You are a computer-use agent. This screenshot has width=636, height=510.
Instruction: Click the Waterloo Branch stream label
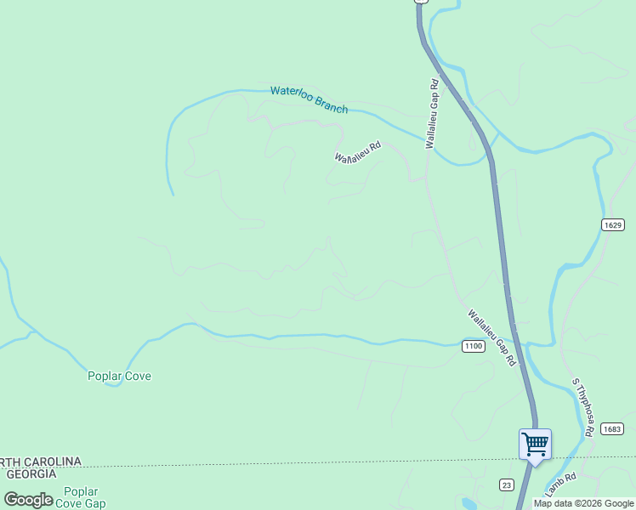point(309,99)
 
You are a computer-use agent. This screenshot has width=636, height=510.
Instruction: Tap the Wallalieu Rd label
point(358,152)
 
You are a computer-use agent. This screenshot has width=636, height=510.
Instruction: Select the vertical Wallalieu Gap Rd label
point(433,115)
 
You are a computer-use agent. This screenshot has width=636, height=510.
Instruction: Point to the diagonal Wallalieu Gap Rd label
point(492,337)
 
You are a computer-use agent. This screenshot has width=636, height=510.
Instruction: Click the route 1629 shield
point(613,225)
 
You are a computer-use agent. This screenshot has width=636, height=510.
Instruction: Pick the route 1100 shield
point(474,346)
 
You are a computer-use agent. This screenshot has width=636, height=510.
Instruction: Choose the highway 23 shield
point(507,484)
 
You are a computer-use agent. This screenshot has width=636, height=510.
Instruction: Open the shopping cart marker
point(535,443)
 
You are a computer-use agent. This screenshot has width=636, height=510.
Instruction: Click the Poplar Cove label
point(119,376)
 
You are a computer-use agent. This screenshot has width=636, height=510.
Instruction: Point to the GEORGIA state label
point(28,473)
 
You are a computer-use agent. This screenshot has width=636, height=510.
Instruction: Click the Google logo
point(29,500)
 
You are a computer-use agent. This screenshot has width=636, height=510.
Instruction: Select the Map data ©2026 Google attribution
point(583,503)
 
